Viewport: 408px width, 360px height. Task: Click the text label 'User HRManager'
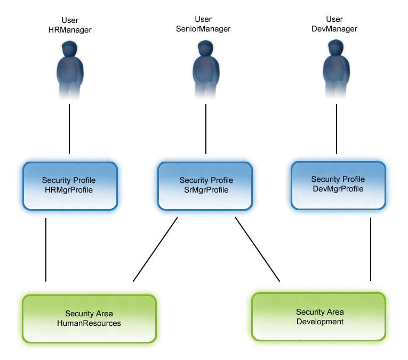tap(70, 26)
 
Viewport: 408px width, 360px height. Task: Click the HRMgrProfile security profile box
tap(70, 185)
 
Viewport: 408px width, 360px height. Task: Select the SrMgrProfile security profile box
tap(205, 186)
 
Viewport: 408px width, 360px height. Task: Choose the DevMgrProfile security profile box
tap(338, 185)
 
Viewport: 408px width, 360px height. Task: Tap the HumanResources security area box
tap(89, 318)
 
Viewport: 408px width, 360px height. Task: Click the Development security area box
tap(318, 317)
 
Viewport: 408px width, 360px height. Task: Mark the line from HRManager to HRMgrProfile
tap(70, 129)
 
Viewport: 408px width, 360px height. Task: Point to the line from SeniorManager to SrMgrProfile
tap(205, 129)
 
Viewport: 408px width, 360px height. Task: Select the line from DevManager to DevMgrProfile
tap(337, 129)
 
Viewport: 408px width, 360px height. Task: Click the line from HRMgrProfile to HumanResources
tap(46, 250)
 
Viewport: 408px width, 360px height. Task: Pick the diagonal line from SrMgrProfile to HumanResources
tap(155, 250)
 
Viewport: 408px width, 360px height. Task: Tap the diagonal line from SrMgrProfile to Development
tap(258, 250)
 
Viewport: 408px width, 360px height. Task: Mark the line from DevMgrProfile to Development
tap(370, 250)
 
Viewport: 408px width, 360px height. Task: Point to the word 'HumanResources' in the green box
tap(89, 323)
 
